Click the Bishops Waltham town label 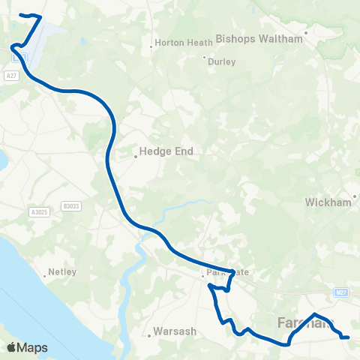(258, 37)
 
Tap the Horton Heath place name (184, 43)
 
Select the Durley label (221, 62)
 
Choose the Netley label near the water (62, 272)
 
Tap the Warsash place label (174, 331)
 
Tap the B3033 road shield (71, 205)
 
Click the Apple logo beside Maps (12, 347)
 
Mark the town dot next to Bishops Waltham (306, 33)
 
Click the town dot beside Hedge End (136, 157)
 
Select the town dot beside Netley (45, 276)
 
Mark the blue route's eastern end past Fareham (349, 337)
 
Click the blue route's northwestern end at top (21, 14)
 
